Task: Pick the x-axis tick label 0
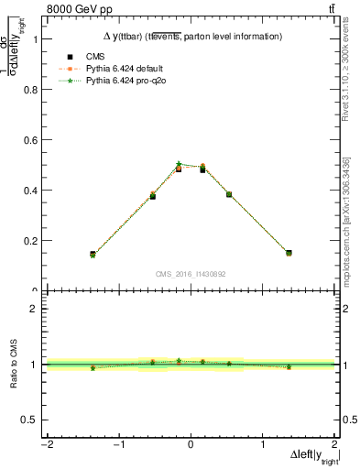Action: pyautogui.click(x=191, y=445)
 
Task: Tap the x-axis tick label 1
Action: pyautogui.click(x=263, y=445)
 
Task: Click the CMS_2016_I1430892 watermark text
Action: pyautogui.click(x=191, y=274)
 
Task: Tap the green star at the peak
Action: pyautogui.click(x=179, y=164)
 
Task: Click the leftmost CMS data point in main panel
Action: pyautogui.click(x=93, y=254)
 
